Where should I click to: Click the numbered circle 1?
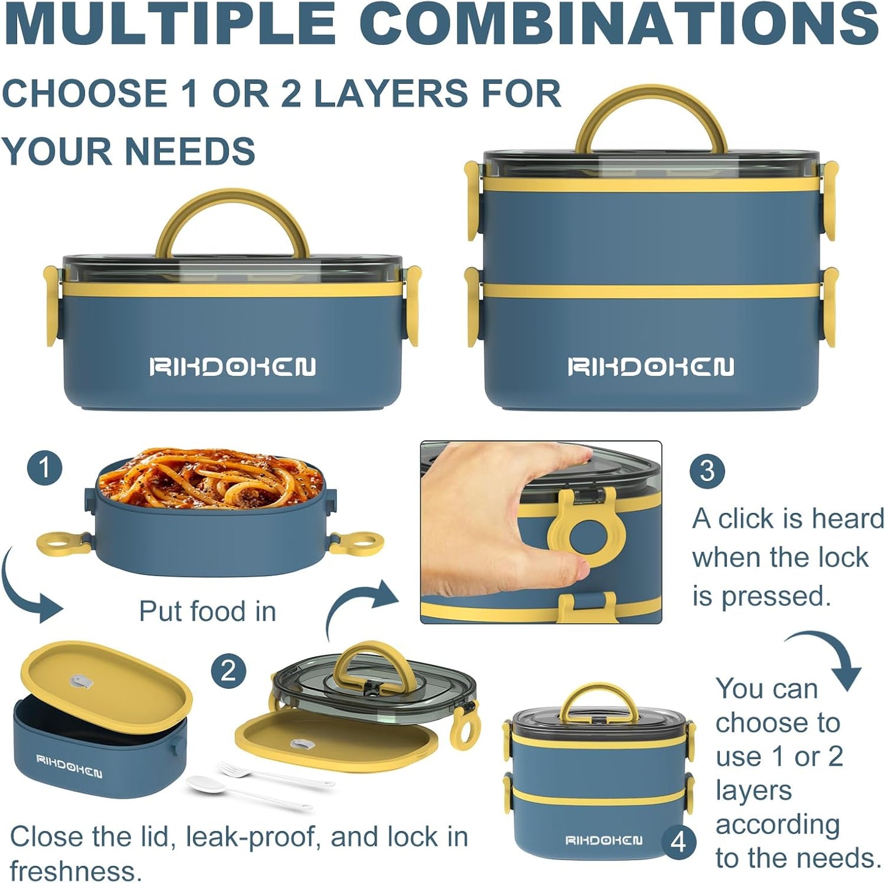pyautogui.click(x=45, y=468)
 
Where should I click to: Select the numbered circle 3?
pyautogui.click(x=707, y=472)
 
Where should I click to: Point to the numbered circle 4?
pyautogui.click(x=679, y=842)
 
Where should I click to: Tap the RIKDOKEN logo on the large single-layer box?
pyautogui.click(x=232, y=367)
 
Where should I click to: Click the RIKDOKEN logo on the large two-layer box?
pyautogui.click(x=651, y=366)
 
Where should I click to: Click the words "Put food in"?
pyautogui.click(x=208, y=611)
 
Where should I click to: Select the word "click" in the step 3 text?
pyautogui.click(x=759, y=519)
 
